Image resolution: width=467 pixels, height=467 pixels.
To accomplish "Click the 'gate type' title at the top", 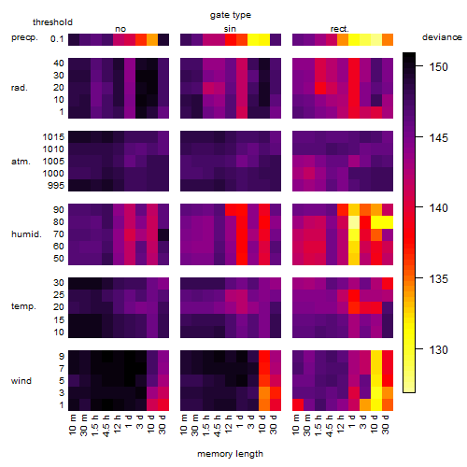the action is (231, 15).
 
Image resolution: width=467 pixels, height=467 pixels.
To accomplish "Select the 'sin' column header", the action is (230, 29).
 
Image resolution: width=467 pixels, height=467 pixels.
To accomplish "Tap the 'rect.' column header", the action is (340, 29).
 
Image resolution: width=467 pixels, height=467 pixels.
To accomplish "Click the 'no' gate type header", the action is (120, 29).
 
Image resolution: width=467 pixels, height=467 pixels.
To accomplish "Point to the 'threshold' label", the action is (52, 22).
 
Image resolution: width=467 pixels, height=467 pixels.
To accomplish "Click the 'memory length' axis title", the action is (230, 454).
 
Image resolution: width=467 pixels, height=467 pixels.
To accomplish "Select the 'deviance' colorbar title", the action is (442, 37).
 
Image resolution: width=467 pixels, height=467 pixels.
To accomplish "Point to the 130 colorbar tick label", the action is (438, 350).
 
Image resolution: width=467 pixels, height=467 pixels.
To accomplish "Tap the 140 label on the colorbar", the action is (438, 208).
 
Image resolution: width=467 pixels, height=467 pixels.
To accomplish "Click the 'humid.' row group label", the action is (26, 234).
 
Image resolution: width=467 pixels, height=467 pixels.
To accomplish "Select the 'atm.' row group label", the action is (21, 162).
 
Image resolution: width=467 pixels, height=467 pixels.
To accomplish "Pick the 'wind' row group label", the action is (21, 381).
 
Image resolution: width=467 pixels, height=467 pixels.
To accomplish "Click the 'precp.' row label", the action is (24, 37).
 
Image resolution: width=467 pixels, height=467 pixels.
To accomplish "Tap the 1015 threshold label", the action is (53, 137).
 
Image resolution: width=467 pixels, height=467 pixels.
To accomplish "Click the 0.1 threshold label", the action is (57, 39).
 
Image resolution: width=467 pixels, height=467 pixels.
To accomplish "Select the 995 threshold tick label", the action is (56, 186).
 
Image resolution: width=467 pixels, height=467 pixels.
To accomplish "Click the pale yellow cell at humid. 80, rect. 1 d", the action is (354, 222).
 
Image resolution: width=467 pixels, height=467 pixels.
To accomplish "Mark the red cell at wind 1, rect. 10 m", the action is (298, 404).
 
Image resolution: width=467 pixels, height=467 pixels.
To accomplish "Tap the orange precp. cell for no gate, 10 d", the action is (152, 39).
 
